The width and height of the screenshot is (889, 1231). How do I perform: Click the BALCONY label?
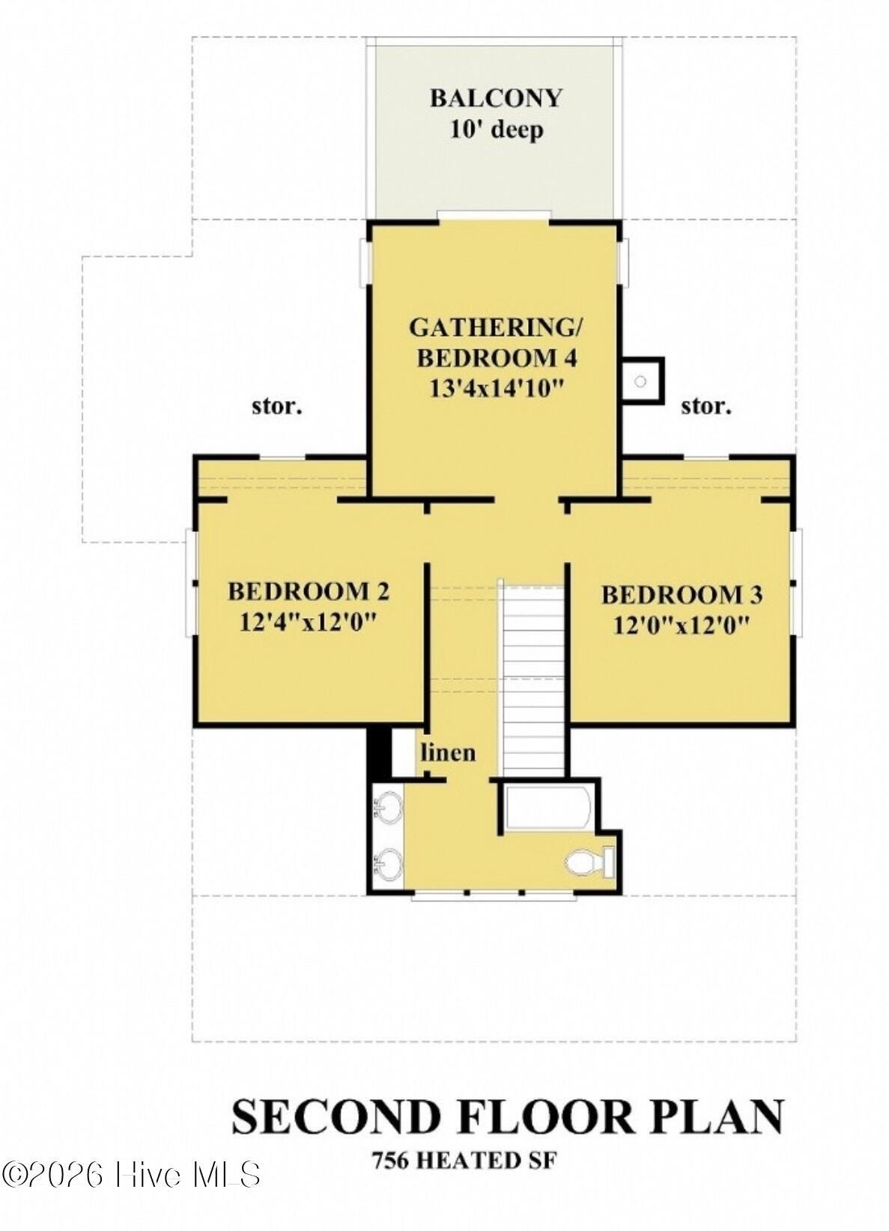click(x=495, y=98)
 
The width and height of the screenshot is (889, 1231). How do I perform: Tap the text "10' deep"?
click(x=496, y=130)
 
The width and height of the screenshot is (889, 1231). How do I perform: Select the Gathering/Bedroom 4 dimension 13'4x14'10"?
click(x=496, y=388)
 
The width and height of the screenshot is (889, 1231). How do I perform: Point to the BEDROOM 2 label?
click(x=308, y=592)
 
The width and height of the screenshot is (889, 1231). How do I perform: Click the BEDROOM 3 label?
click(x=682, y=595)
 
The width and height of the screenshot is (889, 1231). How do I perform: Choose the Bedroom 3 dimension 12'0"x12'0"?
click(x=682, y=625)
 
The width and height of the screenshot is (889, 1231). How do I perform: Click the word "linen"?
click(x=448, y=751)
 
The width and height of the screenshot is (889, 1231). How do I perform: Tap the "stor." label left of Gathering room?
click(x=276, y=407)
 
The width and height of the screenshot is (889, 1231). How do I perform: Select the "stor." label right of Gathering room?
click(x=706, y=406)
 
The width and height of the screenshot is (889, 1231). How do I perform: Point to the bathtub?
click(x=548, y=806)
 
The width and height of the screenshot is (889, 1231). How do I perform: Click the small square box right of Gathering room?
click(x=642, y=381)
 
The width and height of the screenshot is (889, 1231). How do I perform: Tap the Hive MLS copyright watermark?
click(x=131, y=1174)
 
